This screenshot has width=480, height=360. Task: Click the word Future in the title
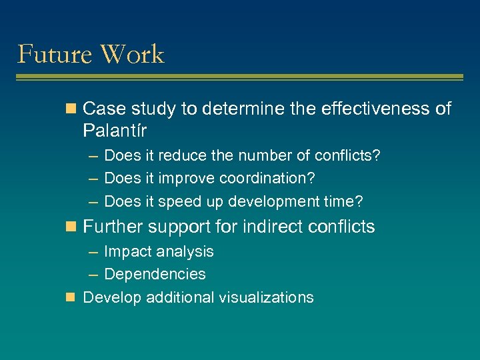52,54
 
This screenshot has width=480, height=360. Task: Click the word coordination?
267,179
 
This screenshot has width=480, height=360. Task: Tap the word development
273,201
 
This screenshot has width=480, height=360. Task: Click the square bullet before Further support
73,227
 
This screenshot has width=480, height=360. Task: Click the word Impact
126,252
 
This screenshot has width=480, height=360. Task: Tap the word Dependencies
155,274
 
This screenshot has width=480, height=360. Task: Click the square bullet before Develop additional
73,297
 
